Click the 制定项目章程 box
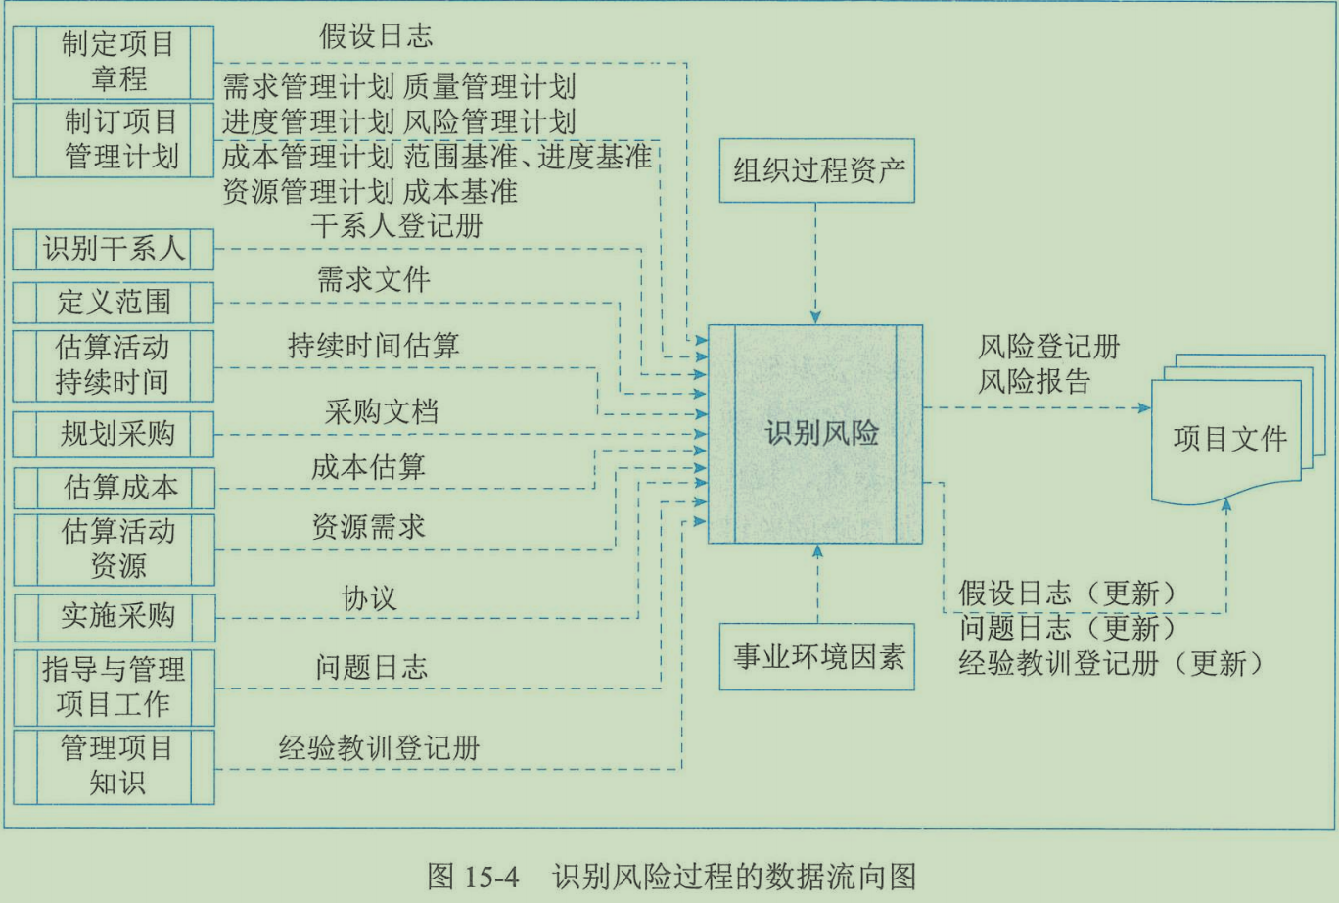[114, 62]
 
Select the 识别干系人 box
[114, 249]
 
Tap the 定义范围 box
[114, 302]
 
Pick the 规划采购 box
[114, 434]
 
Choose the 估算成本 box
[114, 487]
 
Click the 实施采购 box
[114, 615]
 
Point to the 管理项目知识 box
[114, 766]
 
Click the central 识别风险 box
[815, 434]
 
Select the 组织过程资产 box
[816, 170]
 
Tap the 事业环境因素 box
[816, 656]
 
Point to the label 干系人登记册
[397, 226]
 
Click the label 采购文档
[381, 412]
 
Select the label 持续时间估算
[373, 346]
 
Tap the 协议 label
[368, 598]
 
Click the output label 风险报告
[1034, 381]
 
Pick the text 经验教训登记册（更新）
[1110, 664]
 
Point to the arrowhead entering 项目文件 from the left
[1145, 407]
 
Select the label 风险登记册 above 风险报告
[1048, 347]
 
